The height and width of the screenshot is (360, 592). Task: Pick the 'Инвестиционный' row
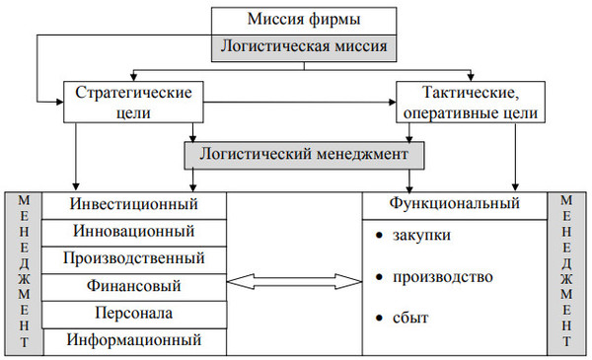pyautogui.click(x=135, y=204)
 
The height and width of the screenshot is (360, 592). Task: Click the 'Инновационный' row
pyautogui.click(x=135, y=232)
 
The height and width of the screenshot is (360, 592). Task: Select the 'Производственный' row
pyautogui.click(x=135, y=258)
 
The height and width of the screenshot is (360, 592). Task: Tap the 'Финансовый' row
pyautogui.click(x=135, y=286)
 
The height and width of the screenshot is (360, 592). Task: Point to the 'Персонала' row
pyautogui.click(x=135, y=314)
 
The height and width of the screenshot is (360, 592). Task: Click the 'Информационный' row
pyautogui.click(x=135, y=340)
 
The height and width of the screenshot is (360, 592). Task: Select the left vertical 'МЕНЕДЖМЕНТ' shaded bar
pyautogui.click(x=24, y=271)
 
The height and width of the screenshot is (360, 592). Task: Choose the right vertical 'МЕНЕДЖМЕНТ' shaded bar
pyautogui.click(x=566, y=271)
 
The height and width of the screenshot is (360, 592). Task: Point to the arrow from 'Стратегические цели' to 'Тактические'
pyautogui.click(x=306, y=100)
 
